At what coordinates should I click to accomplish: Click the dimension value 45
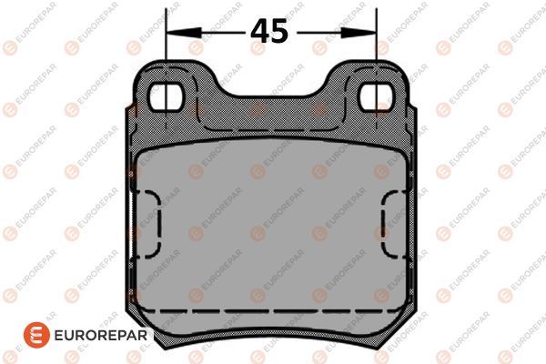[270, 31]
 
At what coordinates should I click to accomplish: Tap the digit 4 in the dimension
[260, 31]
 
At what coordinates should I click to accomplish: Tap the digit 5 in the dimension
[280, 31]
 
